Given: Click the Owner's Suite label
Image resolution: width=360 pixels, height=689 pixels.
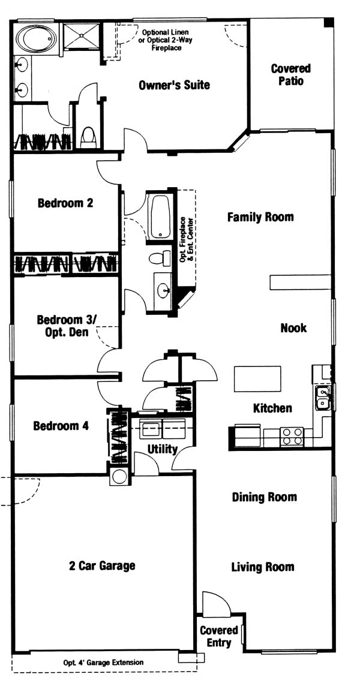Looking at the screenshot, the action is pyautogui.click(x=174, y=85).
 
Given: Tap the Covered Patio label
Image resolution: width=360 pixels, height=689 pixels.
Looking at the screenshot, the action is pyautogui.click(x=290, y=75).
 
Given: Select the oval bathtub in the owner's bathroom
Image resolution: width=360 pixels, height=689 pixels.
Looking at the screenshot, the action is pyautogui.click(x=37, y=39).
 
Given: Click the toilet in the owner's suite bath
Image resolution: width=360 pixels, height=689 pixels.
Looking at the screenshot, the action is pyautogui.click(x=88, y=137).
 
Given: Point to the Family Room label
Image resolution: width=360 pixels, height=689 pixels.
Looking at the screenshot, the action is pyautogui.click(x=260, y=217).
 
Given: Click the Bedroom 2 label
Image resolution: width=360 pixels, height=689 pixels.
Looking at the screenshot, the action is pyautogui.click(x=65, y=203).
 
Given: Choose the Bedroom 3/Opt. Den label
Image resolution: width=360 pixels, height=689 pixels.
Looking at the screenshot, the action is pyautogui.click(x=65, y=326).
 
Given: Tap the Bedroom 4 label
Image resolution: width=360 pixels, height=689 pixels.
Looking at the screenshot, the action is pyautogui.click(x=61, y=426).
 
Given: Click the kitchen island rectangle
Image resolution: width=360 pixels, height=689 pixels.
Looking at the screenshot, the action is pyautogui.click(x=257, y=379).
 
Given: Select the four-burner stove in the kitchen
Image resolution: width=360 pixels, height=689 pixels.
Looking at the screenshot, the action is pyautogui.click(x=292, y=437).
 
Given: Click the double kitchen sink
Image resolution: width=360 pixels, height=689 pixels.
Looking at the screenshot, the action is pyautogui.click(x=323, y=397).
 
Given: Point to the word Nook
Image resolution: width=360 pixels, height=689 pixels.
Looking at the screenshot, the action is pyautogui.click(x=293, y=328).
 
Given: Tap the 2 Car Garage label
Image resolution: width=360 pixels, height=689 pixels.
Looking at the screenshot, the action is pyautogui.click(x=101, y=565).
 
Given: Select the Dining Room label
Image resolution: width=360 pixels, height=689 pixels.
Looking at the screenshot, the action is pyautogui.click(x=264, y=497).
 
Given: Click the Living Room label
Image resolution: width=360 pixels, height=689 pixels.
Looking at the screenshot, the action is pyautogui.click(x=262, y=567).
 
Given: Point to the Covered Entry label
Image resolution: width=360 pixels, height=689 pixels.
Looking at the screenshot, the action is pyautogui.click(x=219, y=637).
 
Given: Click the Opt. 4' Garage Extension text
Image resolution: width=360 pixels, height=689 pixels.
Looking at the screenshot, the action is pyautogui.click(x=103, y=662).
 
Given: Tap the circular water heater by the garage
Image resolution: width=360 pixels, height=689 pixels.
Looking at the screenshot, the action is pyautogui.click(x=119, y=477).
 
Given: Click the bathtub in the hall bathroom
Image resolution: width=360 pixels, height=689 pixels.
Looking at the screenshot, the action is pyautogui.click(x=160, y=217).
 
